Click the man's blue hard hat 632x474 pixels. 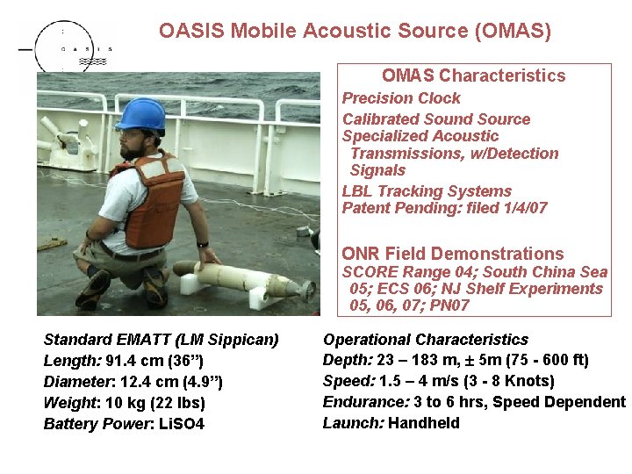141,114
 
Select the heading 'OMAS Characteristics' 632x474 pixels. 473,76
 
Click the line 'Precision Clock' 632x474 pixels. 400,98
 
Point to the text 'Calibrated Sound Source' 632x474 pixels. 435,119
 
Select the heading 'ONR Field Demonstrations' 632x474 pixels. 452,255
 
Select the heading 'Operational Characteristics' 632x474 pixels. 426,340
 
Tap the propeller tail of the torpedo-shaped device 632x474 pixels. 306,289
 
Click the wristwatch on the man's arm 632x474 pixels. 203,244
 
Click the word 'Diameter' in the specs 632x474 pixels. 76,382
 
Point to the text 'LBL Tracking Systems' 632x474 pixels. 427,191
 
